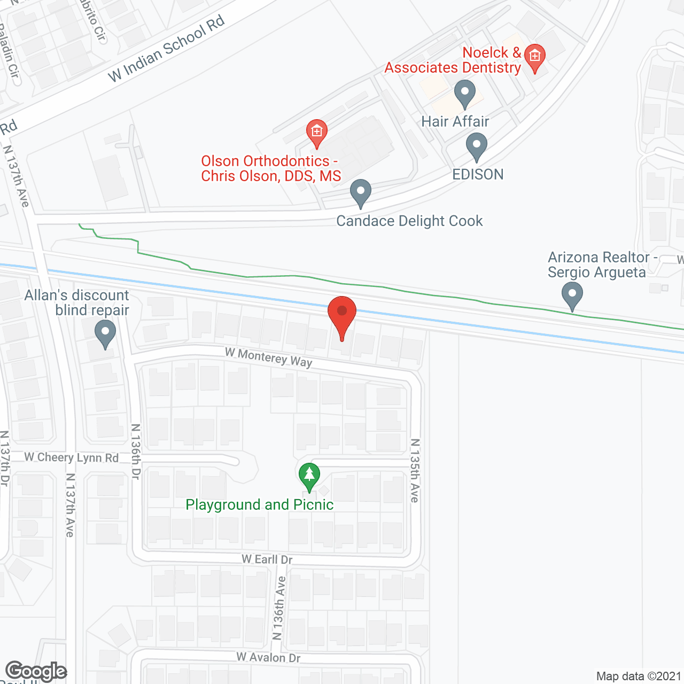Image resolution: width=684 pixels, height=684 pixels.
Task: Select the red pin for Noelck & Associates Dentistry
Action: click(x=534, y=57)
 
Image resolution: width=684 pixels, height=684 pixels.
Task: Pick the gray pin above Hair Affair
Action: click(x=465, y=93)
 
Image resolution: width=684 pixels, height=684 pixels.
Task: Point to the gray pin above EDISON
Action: click(x=476, y=146)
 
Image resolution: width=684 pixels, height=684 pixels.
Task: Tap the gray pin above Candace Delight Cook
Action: click(x=361, y=192)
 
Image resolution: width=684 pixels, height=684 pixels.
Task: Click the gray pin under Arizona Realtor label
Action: click(x=572, y=295)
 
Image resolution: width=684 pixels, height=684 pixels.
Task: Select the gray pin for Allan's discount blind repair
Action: click(x=105, y=333)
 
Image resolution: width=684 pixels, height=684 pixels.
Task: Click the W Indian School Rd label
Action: click(x=166, y=49)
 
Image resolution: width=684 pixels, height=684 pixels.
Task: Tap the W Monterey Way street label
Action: click(x=268, y=357)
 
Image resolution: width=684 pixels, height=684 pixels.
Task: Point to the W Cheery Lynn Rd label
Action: click(x=72, y=457)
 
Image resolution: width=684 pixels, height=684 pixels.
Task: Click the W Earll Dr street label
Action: click(x=267, y=559)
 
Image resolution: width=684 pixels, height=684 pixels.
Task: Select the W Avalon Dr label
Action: click(x=268, y=657)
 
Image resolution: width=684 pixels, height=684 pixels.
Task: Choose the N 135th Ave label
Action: click(x=415, y=470)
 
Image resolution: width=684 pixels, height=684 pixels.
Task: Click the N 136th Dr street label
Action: click(x=136, y=452)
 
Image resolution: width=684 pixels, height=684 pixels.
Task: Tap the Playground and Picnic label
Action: click(x=259, y=505)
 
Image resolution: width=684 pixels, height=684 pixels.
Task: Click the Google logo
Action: click(x=36, y=671)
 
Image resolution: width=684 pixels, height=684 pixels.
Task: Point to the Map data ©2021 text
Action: click(x=639, y=677)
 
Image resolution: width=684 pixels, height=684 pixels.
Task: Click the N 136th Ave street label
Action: click(x=279, y=608)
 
